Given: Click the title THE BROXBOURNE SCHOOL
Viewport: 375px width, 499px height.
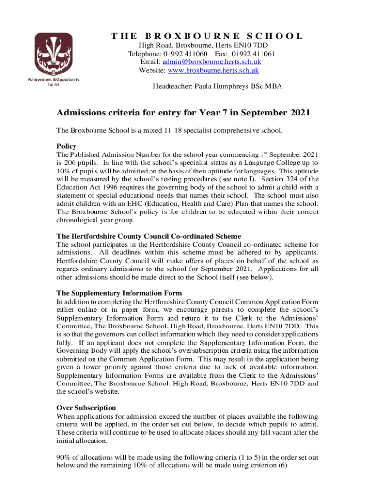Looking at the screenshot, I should tap(207, 37).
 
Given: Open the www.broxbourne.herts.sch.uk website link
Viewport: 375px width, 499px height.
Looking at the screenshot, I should tap(213, 70).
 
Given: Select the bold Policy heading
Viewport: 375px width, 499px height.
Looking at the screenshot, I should tap(66, 146).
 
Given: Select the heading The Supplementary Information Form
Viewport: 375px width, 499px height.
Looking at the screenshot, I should tap(119, 293).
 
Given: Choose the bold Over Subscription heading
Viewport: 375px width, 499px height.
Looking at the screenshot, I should tap(86, 407).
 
